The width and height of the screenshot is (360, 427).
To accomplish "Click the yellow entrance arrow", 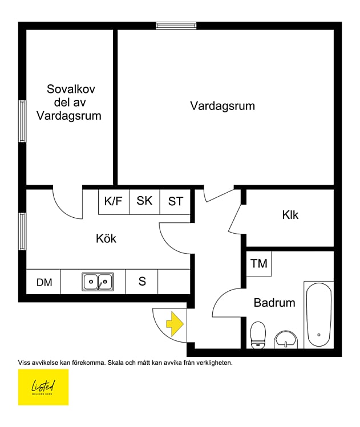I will [x=175, y=325].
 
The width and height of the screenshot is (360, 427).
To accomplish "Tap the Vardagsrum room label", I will [x=223, y=106].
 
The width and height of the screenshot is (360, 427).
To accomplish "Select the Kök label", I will [x=106, y=238].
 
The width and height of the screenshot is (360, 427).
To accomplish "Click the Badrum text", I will [x=274, y=303].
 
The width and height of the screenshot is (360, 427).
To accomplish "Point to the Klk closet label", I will [x=290, y=215].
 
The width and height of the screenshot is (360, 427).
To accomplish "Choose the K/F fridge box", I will [x=114, y=201].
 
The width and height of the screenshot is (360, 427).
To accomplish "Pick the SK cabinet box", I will [x=144, y=201].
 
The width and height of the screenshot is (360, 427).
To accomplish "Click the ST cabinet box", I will [x=175, y=201].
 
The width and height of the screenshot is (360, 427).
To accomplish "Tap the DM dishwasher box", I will [x=44, y=282].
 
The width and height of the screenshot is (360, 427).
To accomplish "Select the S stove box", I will [x=142, y=282].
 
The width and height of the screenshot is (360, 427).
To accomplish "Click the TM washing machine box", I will [x=259, y=263].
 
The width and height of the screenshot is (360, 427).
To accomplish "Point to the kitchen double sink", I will [x=98, y=282].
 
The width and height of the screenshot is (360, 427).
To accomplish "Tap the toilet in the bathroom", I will [x=258, y=334].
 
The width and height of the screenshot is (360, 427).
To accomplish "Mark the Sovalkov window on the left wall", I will [x=22, y=121].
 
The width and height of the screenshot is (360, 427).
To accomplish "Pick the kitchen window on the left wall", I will [x=22, y=231].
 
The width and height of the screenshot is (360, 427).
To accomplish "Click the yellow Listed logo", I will [x=43, y=387].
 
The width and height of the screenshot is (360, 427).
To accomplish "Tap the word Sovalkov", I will [x=71, y=90].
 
